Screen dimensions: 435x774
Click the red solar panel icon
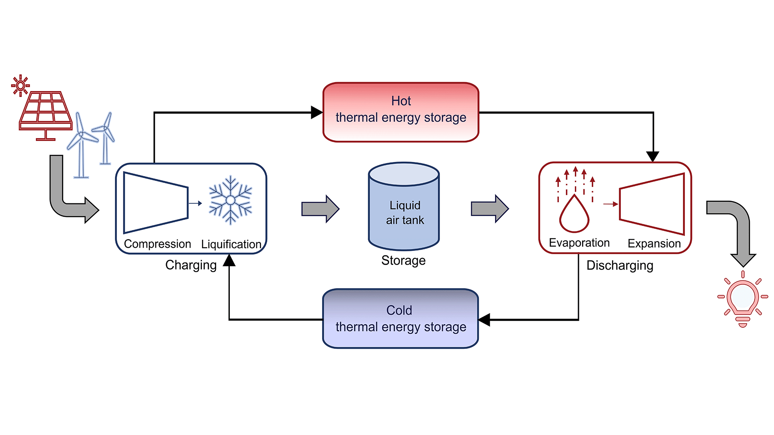coord(46,113)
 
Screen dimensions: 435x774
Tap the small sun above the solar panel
coord(20,85)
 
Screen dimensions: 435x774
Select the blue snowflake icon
coord(230,200)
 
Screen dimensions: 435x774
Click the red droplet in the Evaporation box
coord(574,215)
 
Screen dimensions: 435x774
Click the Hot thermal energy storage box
coord(401,112)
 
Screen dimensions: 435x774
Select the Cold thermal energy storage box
coord(400,319)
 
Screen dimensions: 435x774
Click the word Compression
coord(157,244)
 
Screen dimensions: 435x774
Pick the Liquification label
coord(231,244)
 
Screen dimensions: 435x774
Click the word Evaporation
coord(579,243)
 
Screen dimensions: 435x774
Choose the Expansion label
coord(654,243)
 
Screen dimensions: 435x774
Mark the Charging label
coord(191,265)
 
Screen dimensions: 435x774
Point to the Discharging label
coord(620,265)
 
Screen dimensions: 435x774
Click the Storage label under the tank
coord(403,261)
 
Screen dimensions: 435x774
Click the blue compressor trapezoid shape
coord(155,203)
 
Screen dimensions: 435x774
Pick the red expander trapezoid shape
coord(652,204)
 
